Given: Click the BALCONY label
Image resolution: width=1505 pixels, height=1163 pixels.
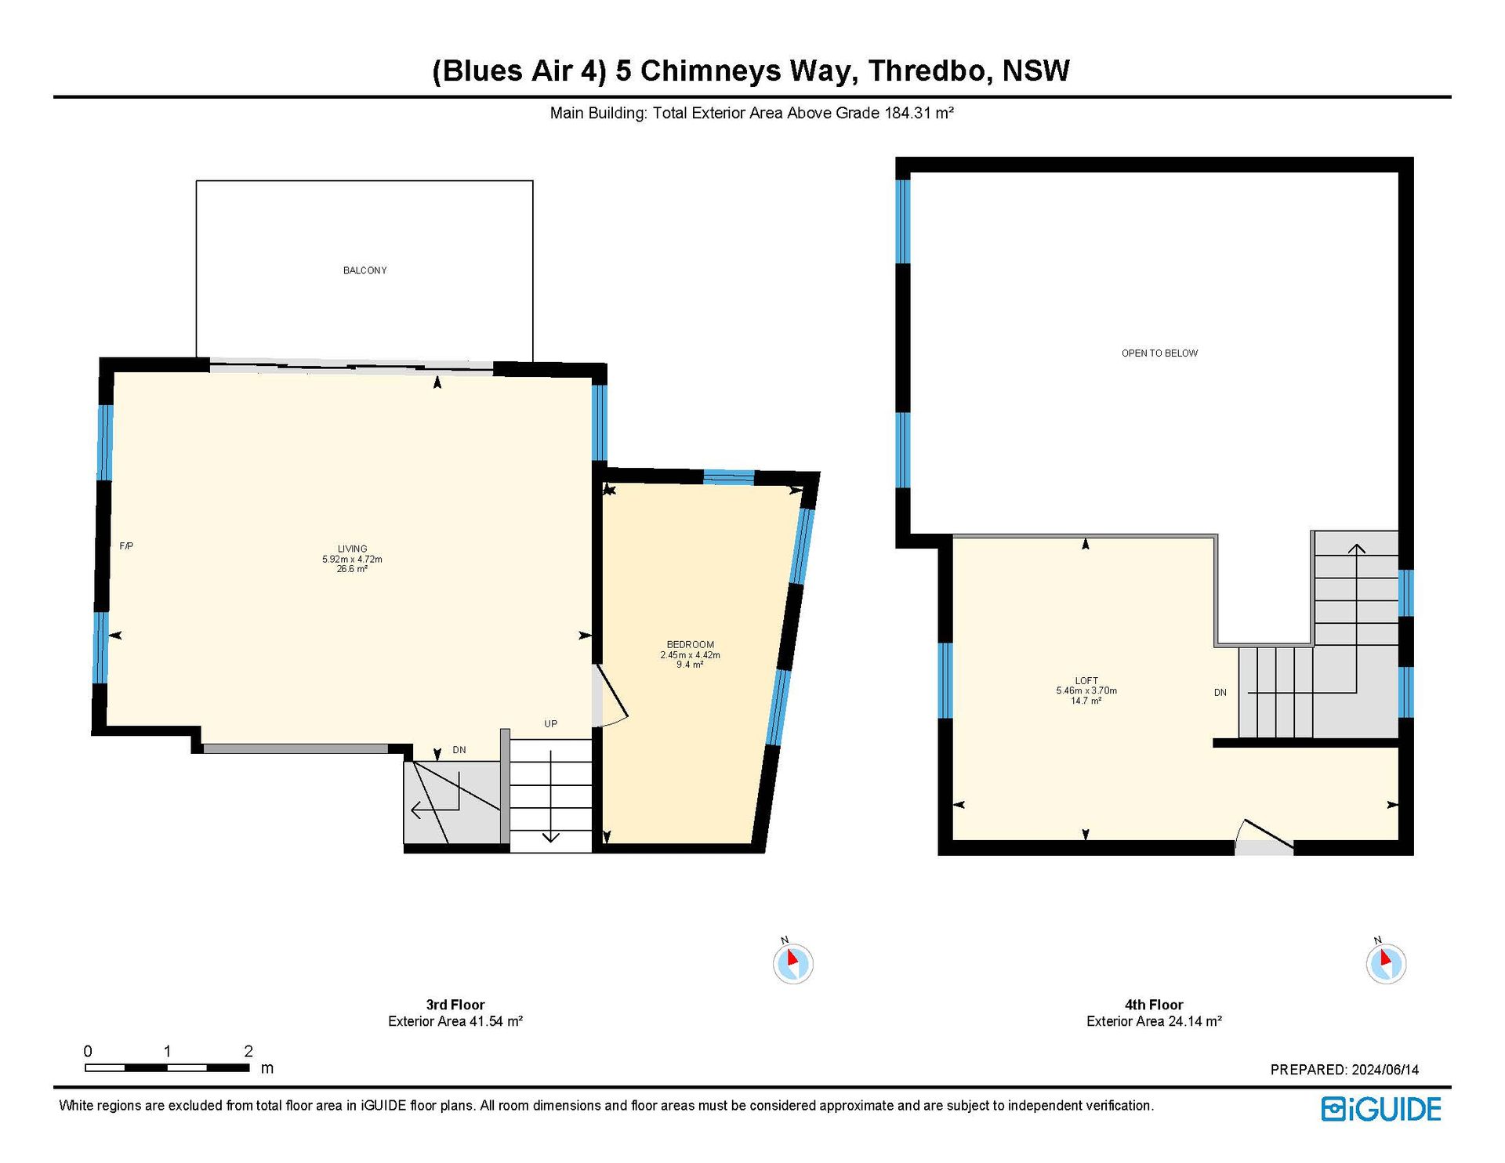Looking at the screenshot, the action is tap(364, 270).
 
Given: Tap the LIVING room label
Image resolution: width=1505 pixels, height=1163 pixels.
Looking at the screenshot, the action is tap(352, 549).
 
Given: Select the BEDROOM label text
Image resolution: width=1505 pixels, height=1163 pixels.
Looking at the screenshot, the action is tap(690, 645).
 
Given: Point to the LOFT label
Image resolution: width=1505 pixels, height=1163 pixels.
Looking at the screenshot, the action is tap(1086, 681).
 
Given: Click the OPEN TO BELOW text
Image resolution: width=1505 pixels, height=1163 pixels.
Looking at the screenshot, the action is tap(1159, 353).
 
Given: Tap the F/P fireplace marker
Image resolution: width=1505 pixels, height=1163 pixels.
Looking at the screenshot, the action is tap(126, 546).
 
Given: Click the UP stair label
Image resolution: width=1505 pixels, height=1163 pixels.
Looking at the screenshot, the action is tap(551, 724).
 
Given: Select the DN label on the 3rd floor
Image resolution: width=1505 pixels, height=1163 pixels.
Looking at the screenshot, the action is tap(459, 750).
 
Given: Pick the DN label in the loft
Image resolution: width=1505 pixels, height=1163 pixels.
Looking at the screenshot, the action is tap(1220, 693).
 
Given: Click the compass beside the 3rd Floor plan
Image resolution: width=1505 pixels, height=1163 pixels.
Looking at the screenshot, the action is tap(792, 962).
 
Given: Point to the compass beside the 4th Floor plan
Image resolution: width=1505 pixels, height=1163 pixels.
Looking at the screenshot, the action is tap(1386, 962).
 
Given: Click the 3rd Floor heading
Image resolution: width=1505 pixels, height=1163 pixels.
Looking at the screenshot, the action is tap(455, 1005).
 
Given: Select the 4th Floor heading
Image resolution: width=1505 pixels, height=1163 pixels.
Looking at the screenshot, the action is tap(1154, 1005).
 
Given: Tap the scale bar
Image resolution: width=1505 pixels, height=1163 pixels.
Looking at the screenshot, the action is tap(167, 1067).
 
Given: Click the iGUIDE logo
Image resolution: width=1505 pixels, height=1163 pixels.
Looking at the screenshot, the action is tap(1381, 1109).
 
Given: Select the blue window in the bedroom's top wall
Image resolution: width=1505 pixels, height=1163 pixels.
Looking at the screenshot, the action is tap(729, 476).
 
